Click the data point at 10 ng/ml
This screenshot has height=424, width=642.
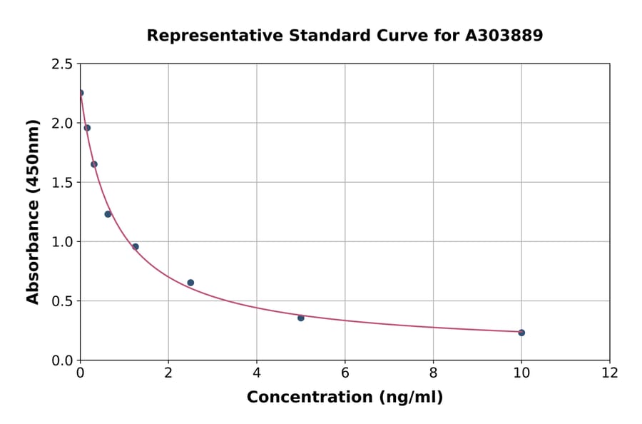[x=521, y=333]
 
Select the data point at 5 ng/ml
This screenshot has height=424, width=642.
[x=301, y=318]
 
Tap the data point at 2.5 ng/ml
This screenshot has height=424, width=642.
[x=190, y=283]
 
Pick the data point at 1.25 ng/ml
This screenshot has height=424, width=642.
[x=136, y=247]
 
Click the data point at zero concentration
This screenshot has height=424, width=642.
[x=81, y=93]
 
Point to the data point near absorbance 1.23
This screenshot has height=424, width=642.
[x=108, y=214]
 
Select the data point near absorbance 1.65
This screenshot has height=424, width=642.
[x=94, y=164]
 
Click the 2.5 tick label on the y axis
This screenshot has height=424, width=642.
[x=62, y=64]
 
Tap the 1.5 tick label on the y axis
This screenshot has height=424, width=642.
[x=62, y=183]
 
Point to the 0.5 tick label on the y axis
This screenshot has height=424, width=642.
[x=62, y=301]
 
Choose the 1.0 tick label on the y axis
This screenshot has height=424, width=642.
[x=62, y=242]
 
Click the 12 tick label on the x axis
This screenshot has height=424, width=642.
[x=610, y=373]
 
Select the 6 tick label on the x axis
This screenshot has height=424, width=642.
[x=345, y=373]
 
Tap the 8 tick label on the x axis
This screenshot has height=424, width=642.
[x=434, y=373]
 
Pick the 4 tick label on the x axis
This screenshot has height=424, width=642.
[x=257, y=373]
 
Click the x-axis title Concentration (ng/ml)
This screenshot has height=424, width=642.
[x=345, y=398]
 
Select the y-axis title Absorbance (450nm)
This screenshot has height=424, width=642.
[x=33, y=211]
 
